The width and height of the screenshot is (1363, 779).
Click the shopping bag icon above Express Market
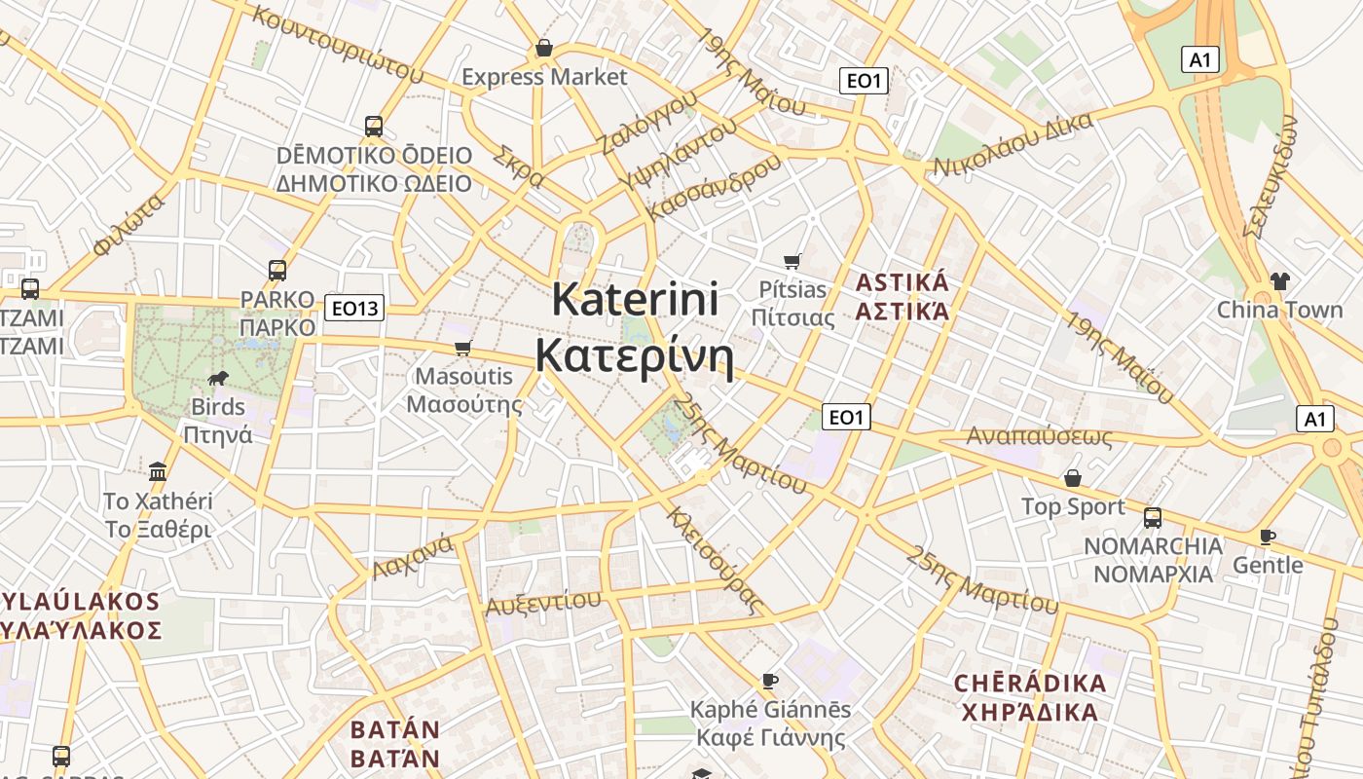pos(544,48)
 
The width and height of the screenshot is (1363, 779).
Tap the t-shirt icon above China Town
pos(1279,281)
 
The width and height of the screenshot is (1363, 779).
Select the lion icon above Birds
pos(218,378)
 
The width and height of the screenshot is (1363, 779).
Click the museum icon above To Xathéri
pos(158,472)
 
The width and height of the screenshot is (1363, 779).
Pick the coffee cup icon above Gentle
pos(1267,537)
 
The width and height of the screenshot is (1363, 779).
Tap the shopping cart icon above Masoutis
pos(463,348)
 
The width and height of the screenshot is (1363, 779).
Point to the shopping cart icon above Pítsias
pos(792,261)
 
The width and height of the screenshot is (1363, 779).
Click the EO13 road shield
pos(354,309)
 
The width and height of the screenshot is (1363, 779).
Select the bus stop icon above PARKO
pos(277,270)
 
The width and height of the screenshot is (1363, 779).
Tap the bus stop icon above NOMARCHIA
pos(1153,517)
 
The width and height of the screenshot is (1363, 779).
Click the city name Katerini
pos(635,299)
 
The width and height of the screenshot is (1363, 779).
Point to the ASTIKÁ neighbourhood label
pos(902,283)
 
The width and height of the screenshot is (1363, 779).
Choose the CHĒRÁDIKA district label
pos(1030,683)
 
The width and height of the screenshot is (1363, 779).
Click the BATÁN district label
pos(395,729)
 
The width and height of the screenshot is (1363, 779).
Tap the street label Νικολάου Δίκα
pos(1013,144)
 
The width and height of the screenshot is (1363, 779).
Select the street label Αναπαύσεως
pos(1039,435)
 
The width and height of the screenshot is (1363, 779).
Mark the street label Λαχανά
pos(413,557)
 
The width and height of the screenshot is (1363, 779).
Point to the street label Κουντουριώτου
pos(337,43)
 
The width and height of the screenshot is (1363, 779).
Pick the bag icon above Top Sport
pos(1073,478)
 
